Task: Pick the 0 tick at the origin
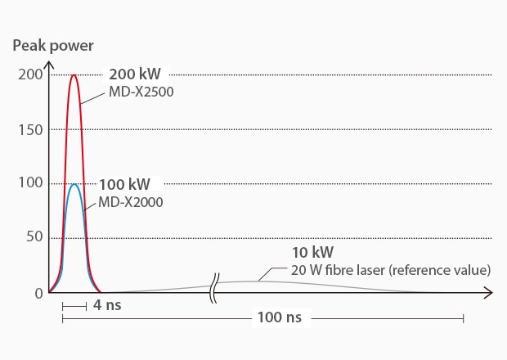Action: pyautogui.click(x=38, y=292)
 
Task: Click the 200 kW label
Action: pyautogui.click(x=134, y=74)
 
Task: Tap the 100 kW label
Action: pyautogui.click(x=124, y=183)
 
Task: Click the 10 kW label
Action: pyautogui.click(x=312, y=252)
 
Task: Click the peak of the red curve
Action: pyautogui.click(x=74, y=75)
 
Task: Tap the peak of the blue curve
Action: pyautogui.click(x=74, y=184)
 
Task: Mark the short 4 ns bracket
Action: pyautogui.click(x=74, y=306)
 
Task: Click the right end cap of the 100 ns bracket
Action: pyautogui.click(x=463, y=317)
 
